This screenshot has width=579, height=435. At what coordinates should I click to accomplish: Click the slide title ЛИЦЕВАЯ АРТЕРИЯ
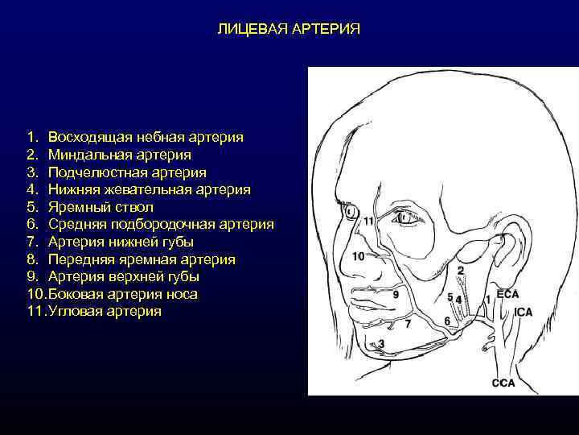coord(289,29)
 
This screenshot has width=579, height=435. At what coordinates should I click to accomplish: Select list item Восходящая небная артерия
coord(146,137)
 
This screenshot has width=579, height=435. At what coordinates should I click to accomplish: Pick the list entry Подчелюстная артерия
coord(126,172)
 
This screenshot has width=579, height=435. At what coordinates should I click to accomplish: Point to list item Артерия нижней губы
coord(121,242)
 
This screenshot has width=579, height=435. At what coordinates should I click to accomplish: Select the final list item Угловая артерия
coord(105,311)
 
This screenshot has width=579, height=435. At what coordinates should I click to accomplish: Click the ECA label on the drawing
coord(507,295)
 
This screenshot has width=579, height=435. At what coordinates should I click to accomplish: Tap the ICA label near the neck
coord(524,311)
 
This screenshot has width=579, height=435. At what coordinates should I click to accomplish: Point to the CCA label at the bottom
coord(503,383)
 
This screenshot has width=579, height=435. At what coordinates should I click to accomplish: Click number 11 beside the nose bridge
coord(368,221)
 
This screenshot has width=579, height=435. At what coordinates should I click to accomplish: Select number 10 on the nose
coord(359,256)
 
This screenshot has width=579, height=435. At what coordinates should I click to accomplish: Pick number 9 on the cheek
coord(396,295)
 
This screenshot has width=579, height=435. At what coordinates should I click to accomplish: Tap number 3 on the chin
coord(381,344)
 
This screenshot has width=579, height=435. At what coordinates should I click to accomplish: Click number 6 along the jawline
coord(447,321)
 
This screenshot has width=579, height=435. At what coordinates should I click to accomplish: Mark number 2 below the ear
coord(461,270)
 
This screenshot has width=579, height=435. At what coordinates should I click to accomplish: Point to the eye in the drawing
coord(402,216)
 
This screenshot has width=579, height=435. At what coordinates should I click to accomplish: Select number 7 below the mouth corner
coord(408,324)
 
